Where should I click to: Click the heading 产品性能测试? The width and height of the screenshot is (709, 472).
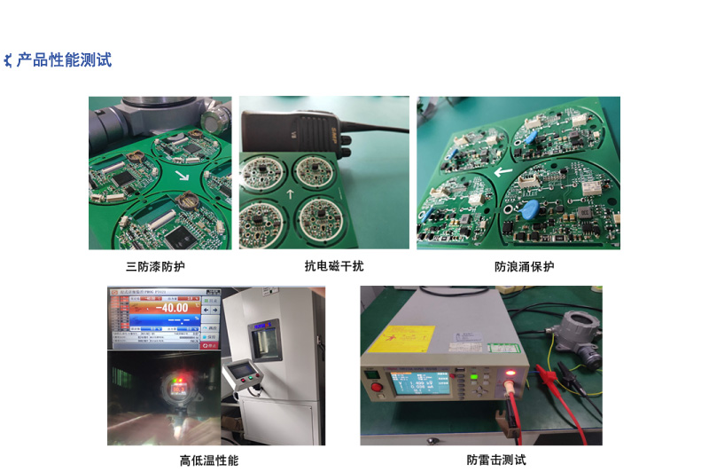[x=65, y=60]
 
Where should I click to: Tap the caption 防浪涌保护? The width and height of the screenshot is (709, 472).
[x=524, y=266]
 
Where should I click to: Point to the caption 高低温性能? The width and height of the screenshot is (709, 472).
[x=209, y=460]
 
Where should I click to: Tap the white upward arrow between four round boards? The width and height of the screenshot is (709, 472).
[x=289, y=193]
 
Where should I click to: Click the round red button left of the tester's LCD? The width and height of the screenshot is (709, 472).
[x=376, y=388]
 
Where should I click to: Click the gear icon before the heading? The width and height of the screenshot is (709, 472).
[x=9, y=60]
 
